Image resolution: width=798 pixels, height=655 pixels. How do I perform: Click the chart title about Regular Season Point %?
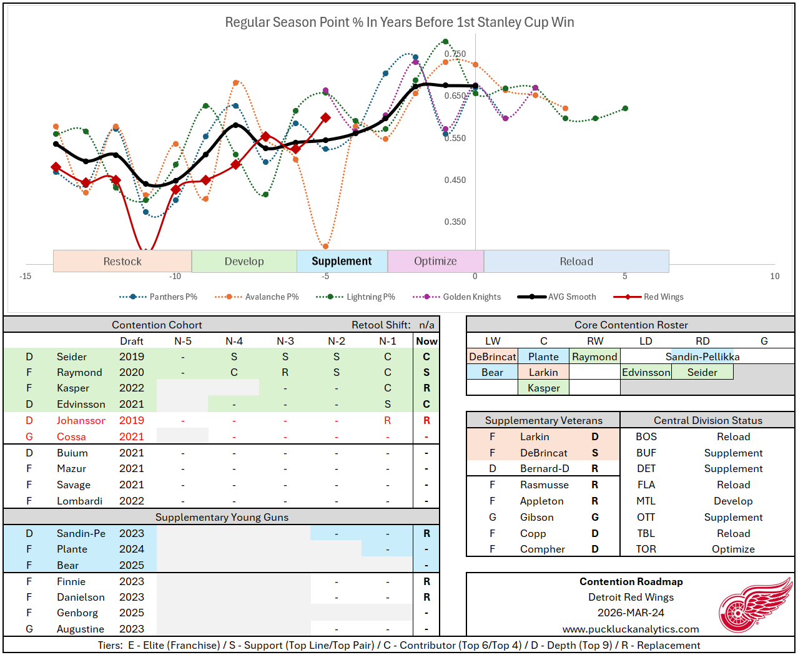pyautogui.click(x=399, y=22)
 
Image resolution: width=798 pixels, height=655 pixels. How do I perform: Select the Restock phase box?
pyautogui.click(x=122, y=261)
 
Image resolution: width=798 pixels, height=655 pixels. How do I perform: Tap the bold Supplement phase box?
pyautogui.click(x=342, y=261)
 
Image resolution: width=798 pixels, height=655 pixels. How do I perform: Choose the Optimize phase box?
pyautogui.click(x=435, y=261)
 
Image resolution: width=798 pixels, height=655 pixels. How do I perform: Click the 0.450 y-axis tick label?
pyautogui.click(x=455, y=180)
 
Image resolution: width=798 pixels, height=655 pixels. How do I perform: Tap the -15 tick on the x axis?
pyautogui.click(x=26, y=276)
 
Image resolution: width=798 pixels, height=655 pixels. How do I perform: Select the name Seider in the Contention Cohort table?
pyautogui.click(x=72, y=357)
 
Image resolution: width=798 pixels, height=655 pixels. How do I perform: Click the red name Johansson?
pyautogui.click(x=81, y=420)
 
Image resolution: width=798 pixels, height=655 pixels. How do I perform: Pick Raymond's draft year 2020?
pyautogui.click(x=132, y=372)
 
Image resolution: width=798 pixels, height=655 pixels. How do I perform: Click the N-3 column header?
pyautogui.click(x=285, y=341)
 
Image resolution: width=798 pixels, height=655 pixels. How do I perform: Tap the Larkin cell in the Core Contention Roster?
pyautogui.click(x=543, y=372)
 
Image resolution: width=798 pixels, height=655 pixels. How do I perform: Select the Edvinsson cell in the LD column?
pyautogui.click(x=646, y=372)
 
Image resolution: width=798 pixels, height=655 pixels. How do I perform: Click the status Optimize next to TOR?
pyautogui.click(x=733, y=549)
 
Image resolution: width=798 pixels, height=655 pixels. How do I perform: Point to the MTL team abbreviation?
pyautogui.click(x=646, y=501)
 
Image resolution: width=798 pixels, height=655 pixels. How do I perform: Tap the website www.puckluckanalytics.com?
pyautogui.click(x=631, y=629)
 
